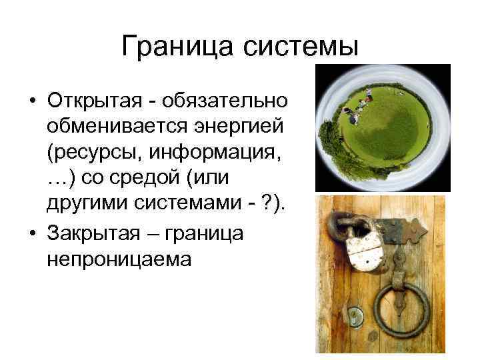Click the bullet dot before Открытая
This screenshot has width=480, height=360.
pos(32,101)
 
